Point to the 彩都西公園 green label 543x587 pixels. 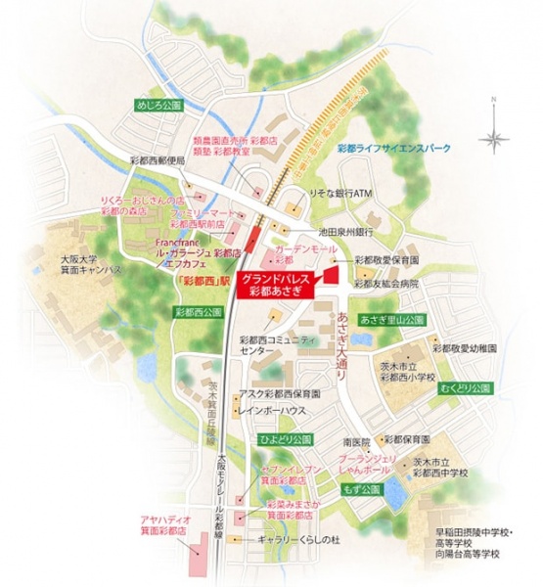(194, 312)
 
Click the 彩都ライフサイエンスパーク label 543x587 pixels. (393, 148)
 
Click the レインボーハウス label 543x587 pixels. (280, 410)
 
